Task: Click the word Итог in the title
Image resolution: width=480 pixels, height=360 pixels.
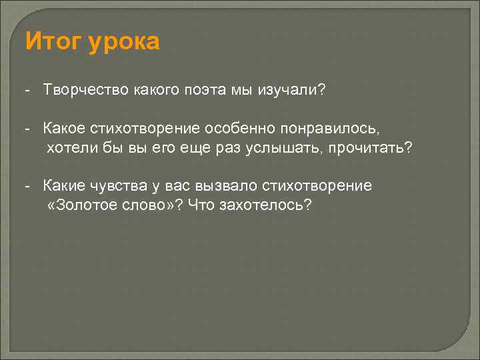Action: (x=51, y=42)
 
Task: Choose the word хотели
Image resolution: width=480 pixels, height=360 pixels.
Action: (x=68, y=147)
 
